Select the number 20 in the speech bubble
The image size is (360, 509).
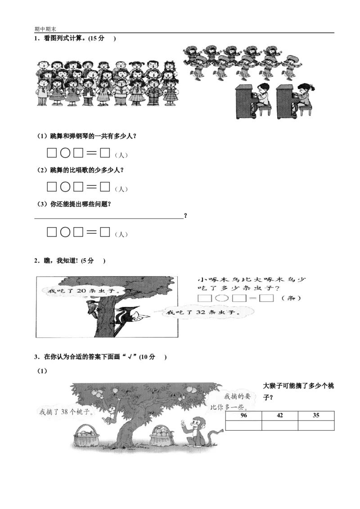(x=81, y=291)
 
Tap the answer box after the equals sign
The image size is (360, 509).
(x=266, y=298)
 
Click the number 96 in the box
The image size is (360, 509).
(x=243, y=415)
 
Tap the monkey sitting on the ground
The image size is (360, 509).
(x=194, y=430)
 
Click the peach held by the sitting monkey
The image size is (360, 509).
(x=183, y=421)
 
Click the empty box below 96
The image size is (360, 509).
(x=242, y=425)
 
